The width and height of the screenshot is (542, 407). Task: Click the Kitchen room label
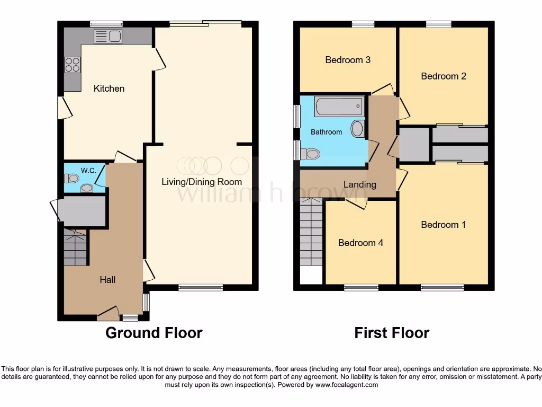click(109, 89)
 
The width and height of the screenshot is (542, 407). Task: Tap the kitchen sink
click(108, 36)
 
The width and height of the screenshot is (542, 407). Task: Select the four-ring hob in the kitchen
click(72, 65)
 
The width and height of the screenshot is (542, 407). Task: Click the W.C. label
click(88, 170)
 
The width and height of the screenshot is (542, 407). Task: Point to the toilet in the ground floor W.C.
click(71, 179)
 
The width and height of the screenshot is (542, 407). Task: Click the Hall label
click(107, 280)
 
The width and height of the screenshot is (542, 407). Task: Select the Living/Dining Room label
click(202, 182)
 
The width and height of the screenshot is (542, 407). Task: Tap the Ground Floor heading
click(153, 333)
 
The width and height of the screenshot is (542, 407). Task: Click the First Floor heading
click(392, 333)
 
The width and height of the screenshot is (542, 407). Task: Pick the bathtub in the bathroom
click(339, 107)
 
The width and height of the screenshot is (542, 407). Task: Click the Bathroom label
click(326, 132)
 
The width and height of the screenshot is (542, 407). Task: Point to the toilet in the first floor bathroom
click(310, 154)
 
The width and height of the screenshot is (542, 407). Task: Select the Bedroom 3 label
click(348, 60)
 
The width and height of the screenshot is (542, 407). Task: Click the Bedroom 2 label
click(444, 76)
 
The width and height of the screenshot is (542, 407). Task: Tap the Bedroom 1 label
click(444, 225)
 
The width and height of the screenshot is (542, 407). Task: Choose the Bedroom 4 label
click(360, 243)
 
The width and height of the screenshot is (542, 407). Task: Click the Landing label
click(360, 184)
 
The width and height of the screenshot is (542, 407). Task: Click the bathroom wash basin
click(358, 129)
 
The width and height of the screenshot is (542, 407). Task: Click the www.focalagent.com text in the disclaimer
click(346, 385)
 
